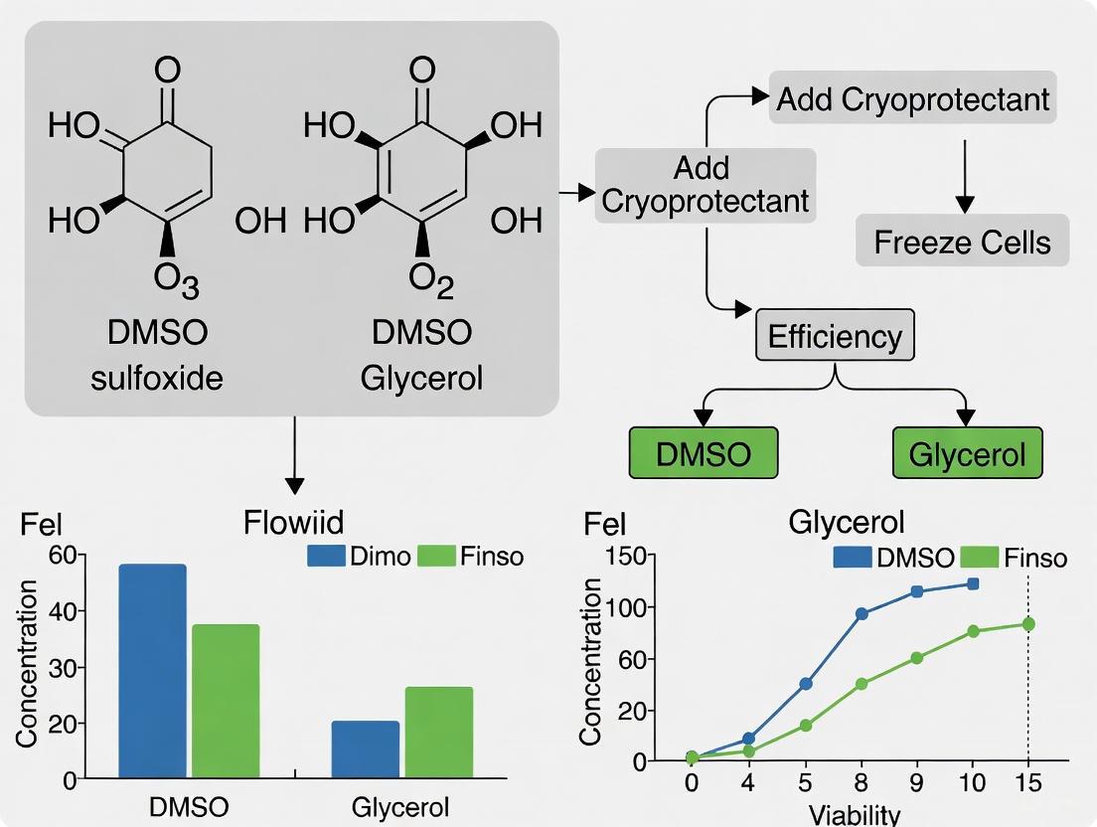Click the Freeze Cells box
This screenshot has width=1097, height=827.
962,241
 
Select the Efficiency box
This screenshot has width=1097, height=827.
834,336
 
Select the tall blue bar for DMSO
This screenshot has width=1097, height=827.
152,672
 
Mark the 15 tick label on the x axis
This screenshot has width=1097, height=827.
1028,782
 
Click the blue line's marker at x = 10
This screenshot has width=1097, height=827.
973,583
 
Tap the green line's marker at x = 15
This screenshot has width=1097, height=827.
1028,624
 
